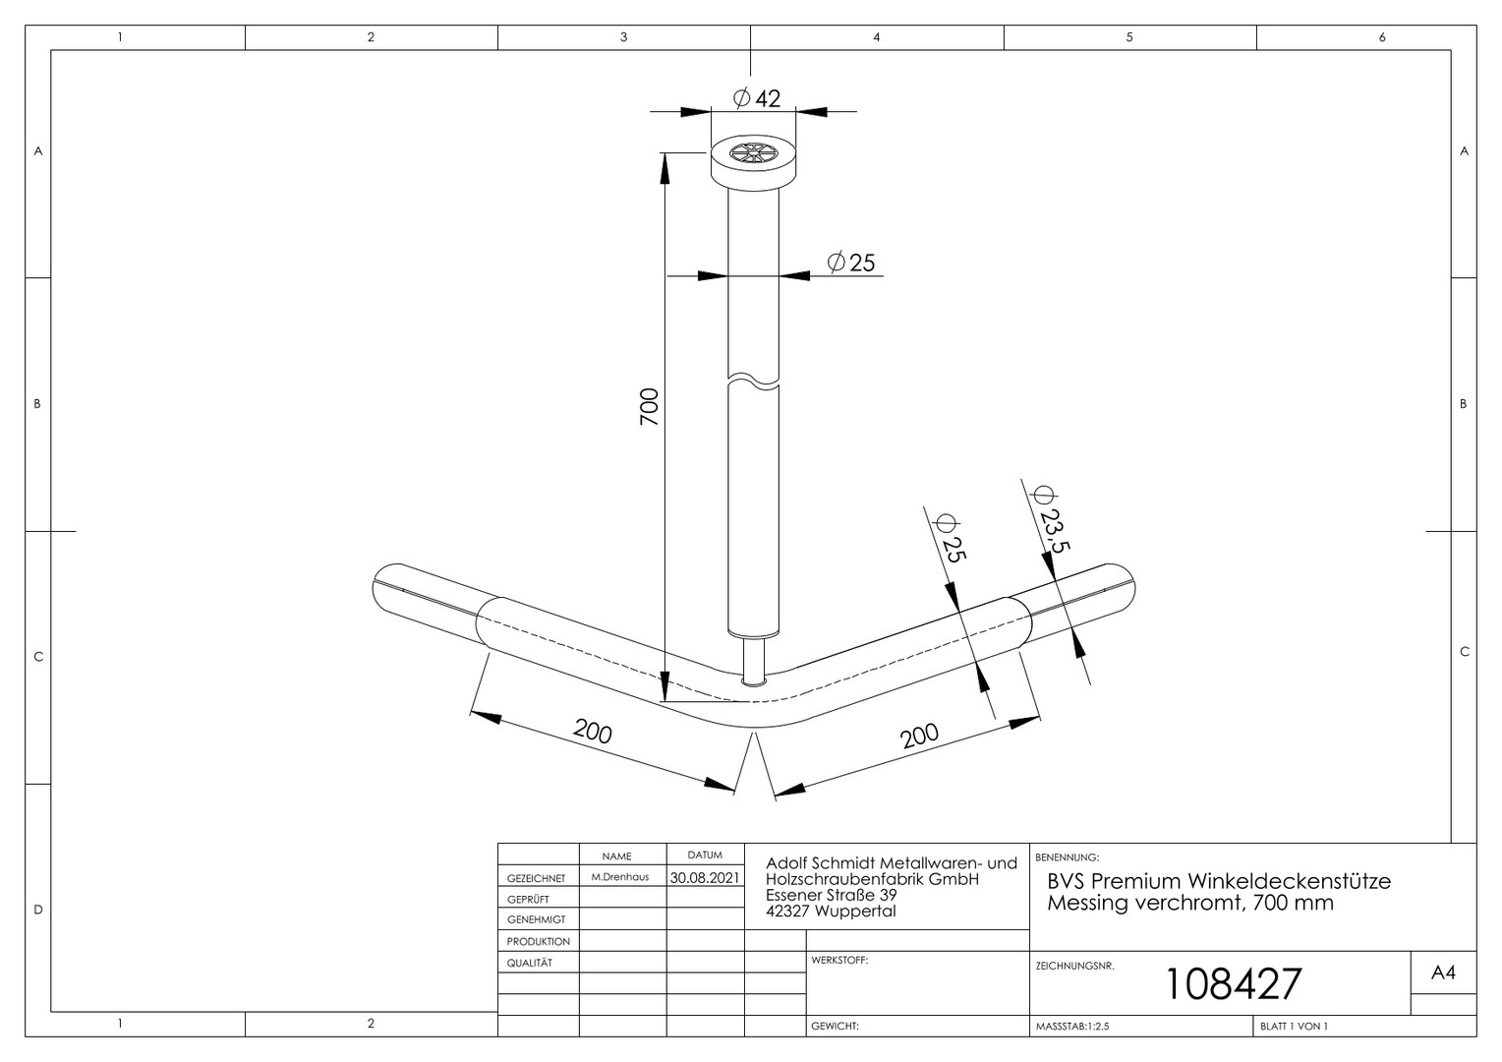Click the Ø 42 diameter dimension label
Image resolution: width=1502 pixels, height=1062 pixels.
coord(757,98)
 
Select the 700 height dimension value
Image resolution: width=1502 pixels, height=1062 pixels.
coord(649,406)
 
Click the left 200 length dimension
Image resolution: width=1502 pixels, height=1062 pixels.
coord(593,732)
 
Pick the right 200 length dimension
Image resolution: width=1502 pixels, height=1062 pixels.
coord(919,736)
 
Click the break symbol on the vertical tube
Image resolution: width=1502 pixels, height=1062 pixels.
coord(754,380)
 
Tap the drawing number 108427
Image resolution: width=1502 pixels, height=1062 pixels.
coord(1234,984)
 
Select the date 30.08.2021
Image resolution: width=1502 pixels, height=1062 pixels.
coord(705,877)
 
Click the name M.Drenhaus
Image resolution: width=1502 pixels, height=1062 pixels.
coord(619,877)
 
